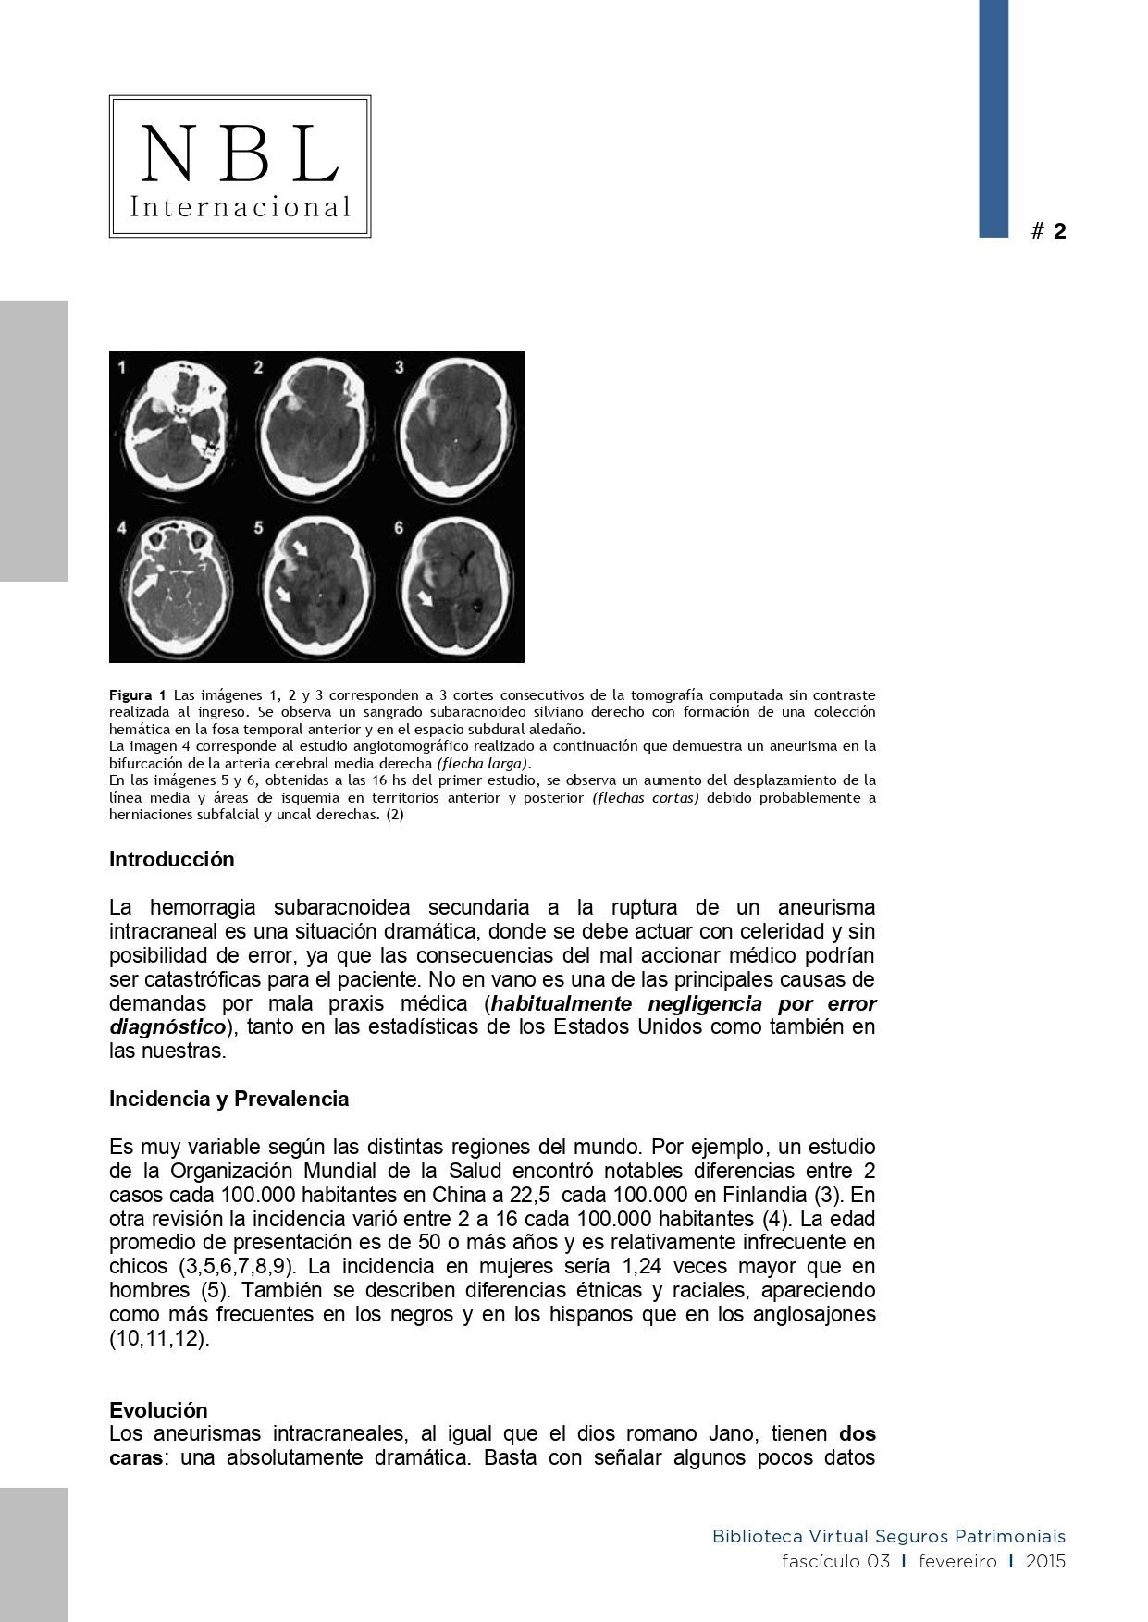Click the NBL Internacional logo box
(240, 166)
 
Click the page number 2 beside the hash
(1059, 231)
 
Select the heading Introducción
(172, 859)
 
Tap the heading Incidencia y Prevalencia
(228, 1099)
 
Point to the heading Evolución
(158, 1410)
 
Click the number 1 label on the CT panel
(122, 368)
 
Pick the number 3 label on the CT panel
(400, 368)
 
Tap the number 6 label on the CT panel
(400, 528)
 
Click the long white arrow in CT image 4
(145, 583)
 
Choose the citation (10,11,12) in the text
(159, 1338)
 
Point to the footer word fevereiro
(957, 1562)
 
